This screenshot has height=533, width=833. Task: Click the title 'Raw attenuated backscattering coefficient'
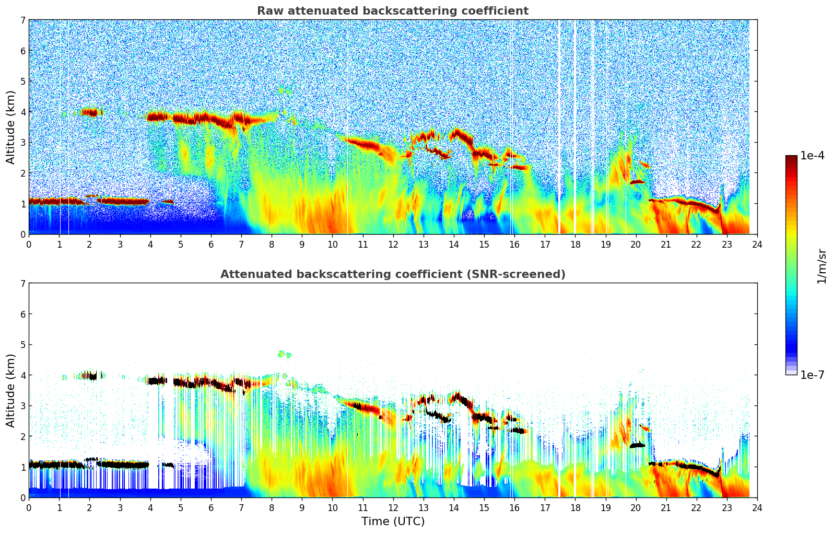click(x=393, y=11)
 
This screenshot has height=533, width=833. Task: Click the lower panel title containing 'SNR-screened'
click(x=393, y=274)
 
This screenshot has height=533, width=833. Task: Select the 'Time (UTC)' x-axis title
click(x=393, y=522)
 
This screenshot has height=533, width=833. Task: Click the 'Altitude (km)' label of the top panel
click(x=11, y=127)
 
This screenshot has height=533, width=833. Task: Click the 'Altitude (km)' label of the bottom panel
click(x=11, y=390)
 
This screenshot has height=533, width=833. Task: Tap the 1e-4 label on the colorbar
click(x=812, y=156)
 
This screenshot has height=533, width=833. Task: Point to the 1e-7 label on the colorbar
click(x=812, y=375)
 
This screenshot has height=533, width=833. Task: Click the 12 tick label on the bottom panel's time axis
click(x=393, y=508)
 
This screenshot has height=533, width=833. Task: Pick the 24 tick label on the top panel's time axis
click(x=757, y=245)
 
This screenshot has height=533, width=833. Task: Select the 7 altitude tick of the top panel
click(x=23, y=20)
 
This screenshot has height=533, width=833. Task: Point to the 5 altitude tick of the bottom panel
click(x=23, y=344)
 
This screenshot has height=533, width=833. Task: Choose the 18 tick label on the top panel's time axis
click(x=575, y=245)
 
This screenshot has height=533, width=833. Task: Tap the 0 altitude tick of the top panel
click(x=23, y=234)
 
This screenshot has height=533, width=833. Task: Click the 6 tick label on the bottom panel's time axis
click(x=211, y=508)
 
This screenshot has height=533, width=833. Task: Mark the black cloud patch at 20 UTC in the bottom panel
click(x=638, y=445)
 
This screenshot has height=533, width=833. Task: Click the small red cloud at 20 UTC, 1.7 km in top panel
click(x=638, y=182)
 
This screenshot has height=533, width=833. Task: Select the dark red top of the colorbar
click(x=791, y=158)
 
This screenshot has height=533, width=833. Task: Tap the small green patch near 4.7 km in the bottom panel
click(x=284, y=354)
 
